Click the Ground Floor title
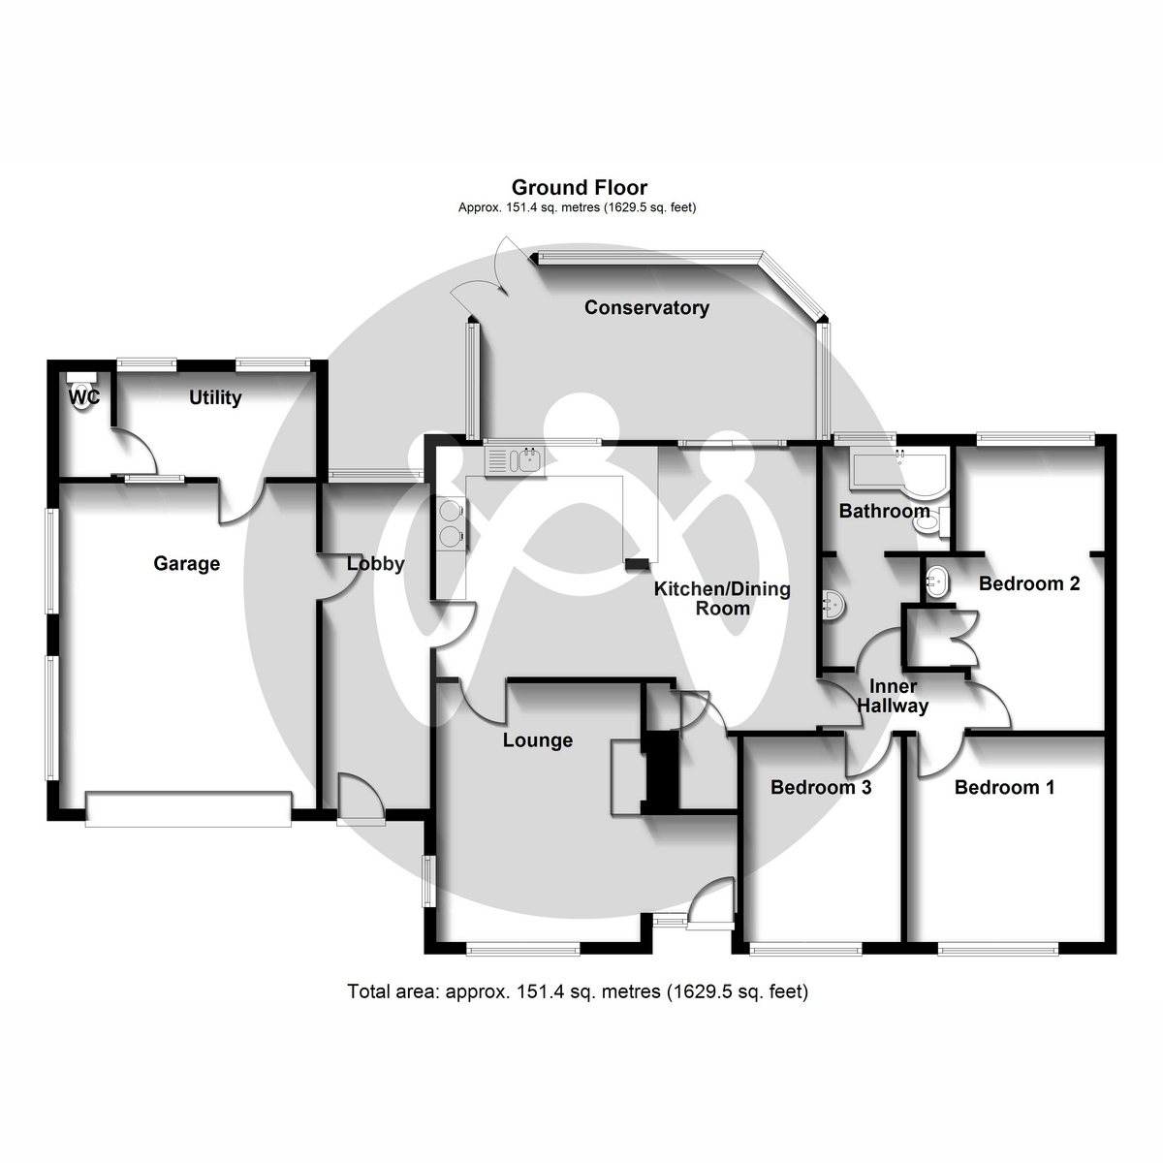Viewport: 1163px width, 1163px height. [579, 187]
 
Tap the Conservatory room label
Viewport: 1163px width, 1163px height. [646, 307]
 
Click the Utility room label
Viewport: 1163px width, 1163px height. [215, 397]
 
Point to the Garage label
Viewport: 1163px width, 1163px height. [187, 563]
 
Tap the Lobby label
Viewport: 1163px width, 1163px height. [375, 563]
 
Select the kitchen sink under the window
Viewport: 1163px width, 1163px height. [516, 459]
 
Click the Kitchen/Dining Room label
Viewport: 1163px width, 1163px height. [722, 598]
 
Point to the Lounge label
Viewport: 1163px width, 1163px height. [537, 740]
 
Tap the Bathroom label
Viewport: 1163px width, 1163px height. [884, 511]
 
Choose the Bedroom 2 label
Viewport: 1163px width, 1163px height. [1028, 583]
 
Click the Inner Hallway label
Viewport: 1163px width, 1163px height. [893, 696]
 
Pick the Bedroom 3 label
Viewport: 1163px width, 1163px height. [821, 787]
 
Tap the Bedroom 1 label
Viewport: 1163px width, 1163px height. [1004, 787]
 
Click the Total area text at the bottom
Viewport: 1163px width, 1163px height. [578, 991]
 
